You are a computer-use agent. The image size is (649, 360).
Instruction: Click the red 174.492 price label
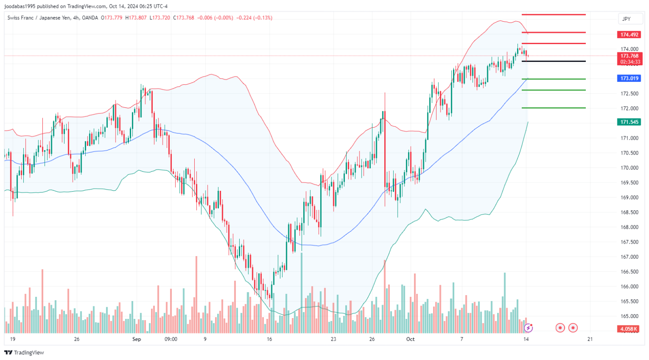(630, 35)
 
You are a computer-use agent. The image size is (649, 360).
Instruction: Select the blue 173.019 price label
(630, 78)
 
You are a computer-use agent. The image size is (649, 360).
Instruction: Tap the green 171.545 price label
(630, 122)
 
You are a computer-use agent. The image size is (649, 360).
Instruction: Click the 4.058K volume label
(628, 329)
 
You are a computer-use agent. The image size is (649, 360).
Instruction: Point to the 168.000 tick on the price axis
(630, 227)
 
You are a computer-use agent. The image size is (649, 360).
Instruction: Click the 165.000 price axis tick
(630, 316)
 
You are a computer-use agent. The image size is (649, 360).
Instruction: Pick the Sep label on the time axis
(137, 339)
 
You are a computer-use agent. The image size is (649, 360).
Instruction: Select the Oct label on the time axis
(410, 339)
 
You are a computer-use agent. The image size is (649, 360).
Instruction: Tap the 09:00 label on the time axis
(171, 339)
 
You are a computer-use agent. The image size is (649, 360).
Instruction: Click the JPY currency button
(626, 19)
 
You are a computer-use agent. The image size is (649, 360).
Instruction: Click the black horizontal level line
(554, 61)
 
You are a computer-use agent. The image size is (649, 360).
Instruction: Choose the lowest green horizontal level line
(554, 108)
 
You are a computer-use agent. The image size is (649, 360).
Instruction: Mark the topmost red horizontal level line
(554, 15)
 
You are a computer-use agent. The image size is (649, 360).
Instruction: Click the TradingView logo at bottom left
(25, 353)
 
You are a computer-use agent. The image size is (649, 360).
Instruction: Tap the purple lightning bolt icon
(528, 328)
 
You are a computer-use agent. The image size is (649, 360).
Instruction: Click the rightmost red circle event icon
(573, 328)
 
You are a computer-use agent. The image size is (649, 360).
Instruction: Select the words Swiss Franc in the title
(21, 18)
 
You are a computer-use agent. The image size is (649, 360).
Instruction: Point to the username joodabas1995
(19, 6)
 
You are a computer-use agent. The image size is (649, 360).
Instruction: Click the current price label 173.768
(630, 56)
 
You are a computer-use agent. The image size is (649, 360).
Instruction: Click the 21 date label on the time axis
(590, 339)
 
